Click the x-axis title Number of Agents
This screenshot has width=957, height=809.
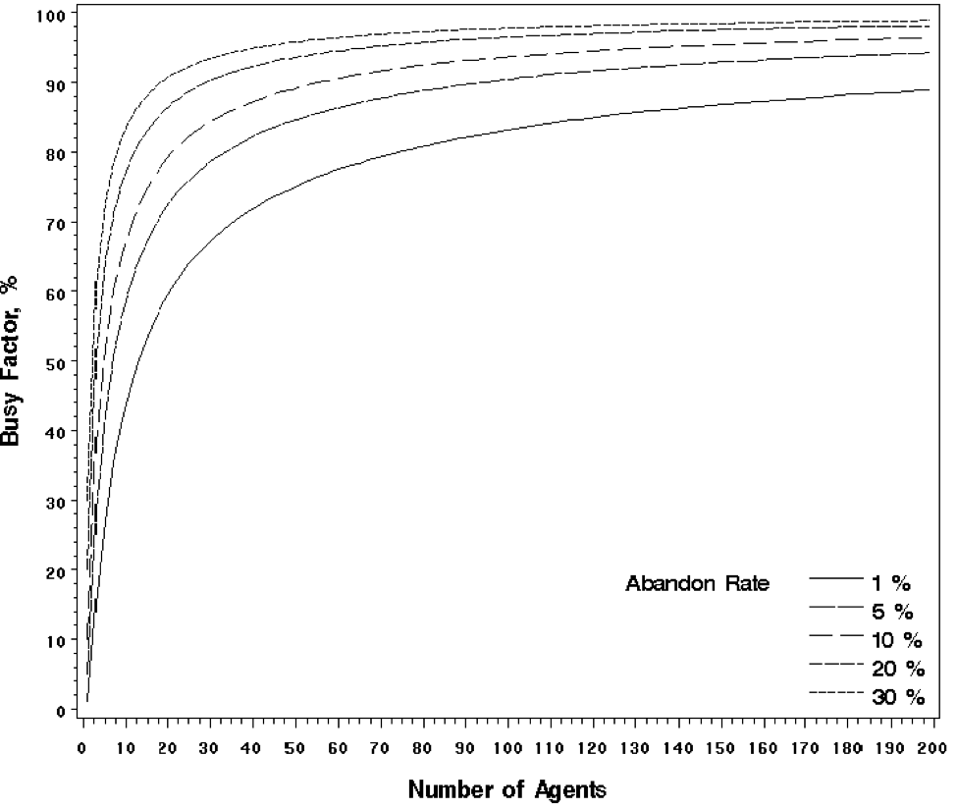click(506, 788)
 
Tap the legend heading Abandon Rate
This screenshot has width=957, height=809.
click(697, 584)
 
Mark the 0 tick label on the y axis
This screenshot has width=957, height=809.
click(63, 710)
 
